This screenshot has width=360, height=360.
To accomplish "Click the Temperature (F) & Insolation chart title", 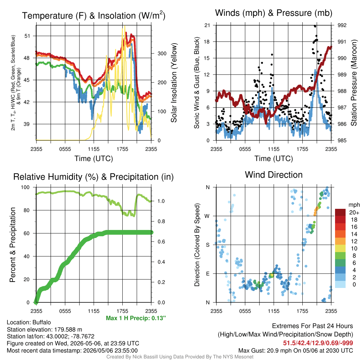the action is [94, 15].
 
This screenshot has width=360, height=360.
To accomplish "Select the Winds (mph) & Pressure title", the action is [274, 13].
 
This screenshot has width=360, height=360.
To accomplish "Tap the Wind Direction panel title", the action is [274, 175].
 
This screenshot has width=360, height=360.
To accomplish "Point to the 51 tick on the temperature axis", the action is [27, 36].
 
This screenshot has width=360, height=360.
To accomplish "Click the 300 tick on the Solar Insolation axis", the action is [162, 53].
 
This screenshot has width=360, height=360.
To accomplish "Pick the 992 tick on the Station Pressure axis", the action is [342, 25].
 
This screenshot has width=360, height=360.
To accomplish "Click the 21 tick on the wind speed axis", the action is [207, 25].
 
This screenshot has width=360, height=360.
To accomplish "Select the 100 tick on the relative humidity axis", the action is [25, 187].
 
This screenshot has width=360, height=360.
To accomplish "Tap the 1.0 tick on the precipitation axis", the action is [161, 201].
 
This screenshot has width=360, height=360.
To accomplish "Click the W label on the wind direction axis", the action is [207, 216].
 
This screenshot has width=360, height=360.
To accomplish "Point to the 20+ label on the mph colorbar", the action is [354, 213].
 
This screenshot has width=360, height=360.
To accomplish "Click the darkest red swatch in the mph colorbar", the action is [340, 212].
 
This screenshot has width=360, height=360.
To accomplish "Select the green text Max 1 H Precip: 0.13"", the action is [136, 318].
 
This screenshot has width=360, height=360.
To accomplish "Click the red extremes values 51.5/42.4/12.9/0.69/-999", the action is [318, 343].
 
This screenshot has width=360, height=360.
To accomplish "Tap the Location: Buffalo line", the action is [29, 322].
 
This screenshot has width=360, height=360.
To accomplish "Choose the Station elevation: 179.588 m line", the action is [44, 329].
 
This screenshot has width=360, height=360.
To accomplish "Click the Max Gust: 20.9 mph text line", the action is [296, 351].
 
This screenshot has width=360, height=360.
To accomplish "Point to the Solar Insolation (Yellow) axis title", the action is [174, 83].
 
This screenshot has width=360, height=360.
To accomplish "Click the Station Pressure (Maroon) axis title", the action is [354, 83].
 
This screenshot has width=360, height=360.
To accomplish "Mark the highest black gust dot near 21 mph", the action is [315, 26].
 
